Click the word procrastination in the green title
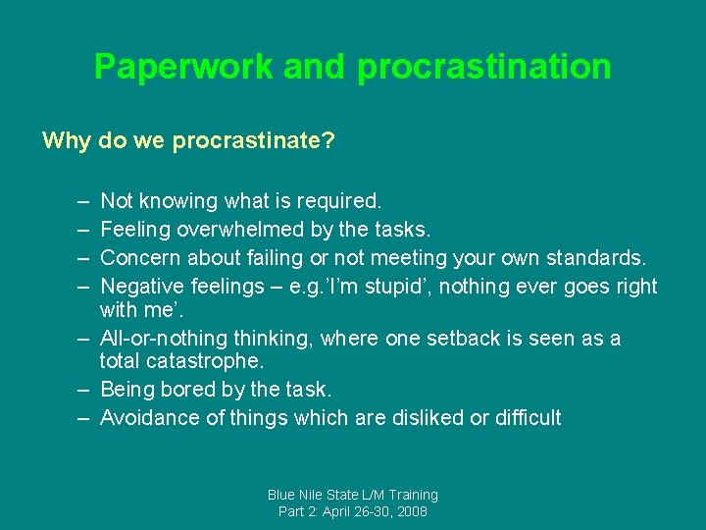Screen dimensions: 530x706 (484, 67)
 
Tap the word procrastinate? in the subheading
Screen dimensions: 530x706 (254, 141)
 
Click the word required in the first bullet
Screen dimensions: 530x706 (342, 201)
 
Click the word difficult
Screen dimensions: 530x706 (529, 418)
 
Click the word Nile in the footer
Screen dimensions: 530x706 (319, 496)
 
